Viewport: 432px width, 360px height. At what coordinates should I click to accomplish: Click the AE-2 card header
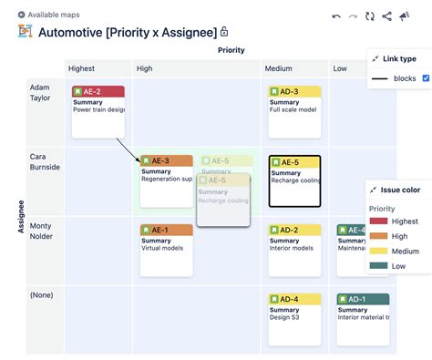point(98,92)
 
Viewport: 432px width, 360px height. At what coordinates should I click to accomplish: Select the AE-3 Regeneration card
point(166,174)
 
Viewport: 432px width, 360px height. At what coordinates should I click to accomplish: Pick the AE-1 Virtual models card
point(166,244)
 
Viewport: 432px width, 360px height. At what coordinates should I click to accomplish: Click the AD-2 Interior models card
point(294,244)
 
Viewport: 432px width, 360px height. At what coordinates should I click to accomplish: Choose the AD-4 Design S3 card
point(294,312)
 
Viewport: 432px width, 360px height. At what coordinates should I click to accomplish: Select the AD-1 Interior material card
point(363,312)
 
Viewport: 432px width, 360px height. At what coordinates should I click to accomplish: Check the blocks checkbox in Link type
point(426,78)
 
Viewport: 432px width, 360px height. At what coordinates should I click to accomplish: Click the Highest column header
point(81,68)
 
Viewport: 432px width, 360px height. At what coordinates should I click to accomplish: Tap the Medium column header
point(278,68)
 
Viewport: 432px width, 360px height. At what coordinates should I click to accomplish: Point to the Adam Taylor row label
point(39,91)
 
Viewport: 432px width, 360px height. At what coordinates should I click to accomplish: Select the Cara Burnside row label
point(44,161)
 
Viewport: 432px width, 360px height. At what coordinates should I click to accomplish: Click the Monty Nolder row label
point(41,231)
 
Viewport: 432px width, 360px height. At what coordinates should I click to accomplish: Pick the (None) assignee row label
point(41,294)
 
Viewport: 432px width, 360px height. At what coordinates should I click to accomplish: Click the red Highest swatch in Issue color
point(378,221)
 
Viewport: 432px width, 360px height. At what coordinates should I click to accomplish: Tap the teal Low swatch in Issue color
point(378,266)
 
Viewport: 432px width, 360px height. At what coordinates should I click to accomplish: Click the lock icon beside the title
point(224,32)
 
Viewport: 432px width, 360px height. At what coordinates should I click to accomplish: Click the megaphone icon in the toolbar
point(405,15)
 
